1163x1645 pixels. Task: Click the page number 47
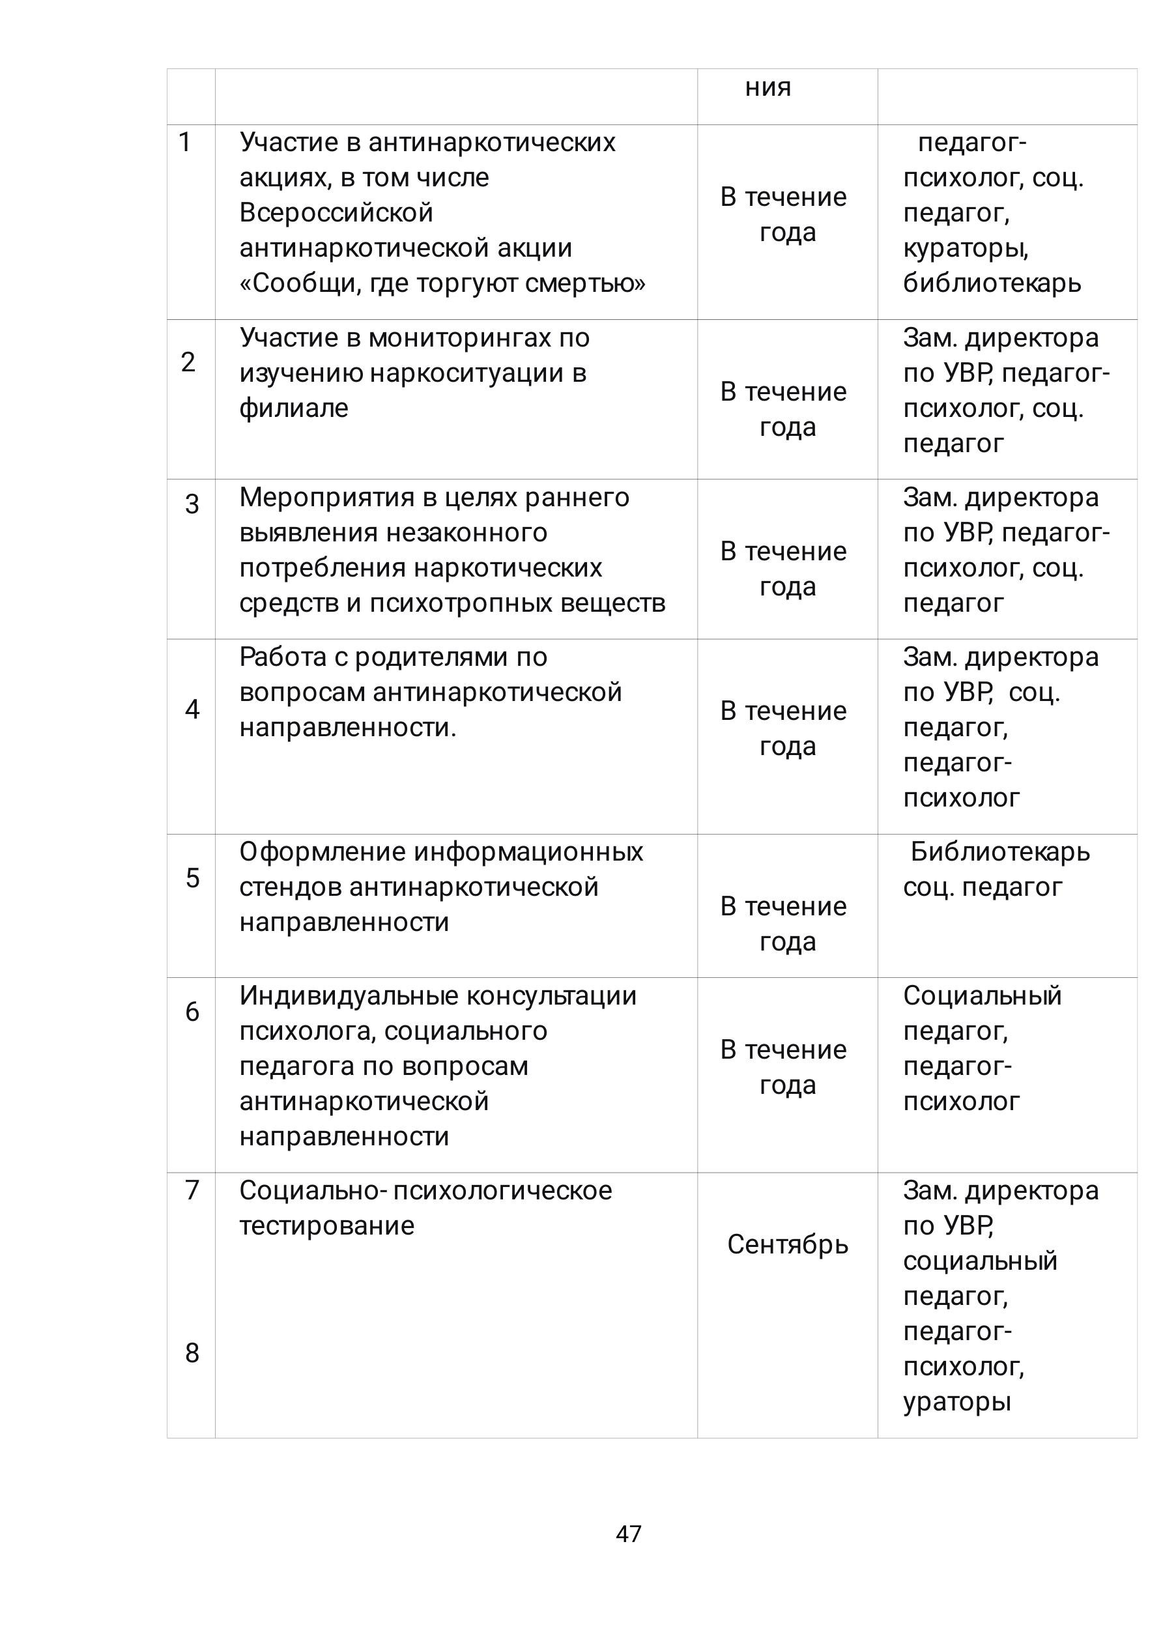point(629,1533)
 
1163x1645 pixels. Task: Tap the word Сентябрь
point(788,1244)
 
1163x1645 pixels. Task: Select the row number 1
point(185,143)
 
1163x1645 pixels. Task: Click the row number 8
point(192,1352)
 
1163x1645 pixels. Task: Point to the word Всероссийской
point(336,213)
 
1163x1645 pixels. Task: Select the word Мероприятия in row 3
point(327,498)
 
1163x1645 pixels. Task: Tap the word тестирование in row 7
point(327,1226)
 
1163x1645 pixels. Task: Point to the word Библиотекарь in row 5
point(999,852)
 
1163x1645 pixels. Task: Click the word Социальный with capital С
point(982,996)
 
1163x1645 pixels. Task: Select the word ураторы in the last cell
point(956,1401)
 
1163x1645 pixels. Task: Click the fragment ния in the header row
point(768,87)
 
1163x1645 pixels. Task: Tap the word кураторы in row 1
point(965,249)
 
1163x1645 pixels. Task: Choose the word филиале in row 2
point(294,408)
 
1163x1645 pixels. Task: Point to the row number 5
point(192,878)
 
